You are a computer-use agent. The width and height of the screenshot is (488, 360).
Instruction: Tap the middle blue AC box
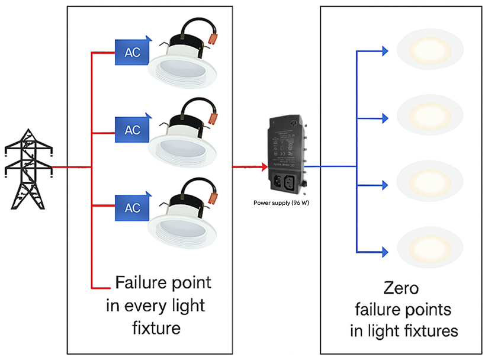(133, 128)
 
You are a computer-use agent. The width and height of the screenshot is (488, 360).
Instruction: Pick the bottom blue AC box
(133, 207)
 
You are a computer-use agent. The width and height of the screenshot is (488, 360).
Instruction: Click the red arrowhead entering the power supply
(264, 166)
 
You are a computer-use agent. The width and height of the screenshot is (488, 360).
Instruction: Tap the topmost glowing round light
(431, 49)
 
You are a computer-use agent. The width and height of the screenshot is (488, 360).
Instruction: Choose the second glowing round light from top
(431, 112)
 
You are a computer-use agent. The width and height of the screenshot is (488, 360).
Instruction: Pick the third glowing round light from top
(431, 178)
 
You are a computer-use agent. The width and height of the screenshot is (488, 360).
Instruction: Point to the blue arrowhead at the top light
(385, 51)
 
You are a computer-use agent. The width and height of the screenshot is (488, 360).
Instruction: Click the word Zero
(402, 289)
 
